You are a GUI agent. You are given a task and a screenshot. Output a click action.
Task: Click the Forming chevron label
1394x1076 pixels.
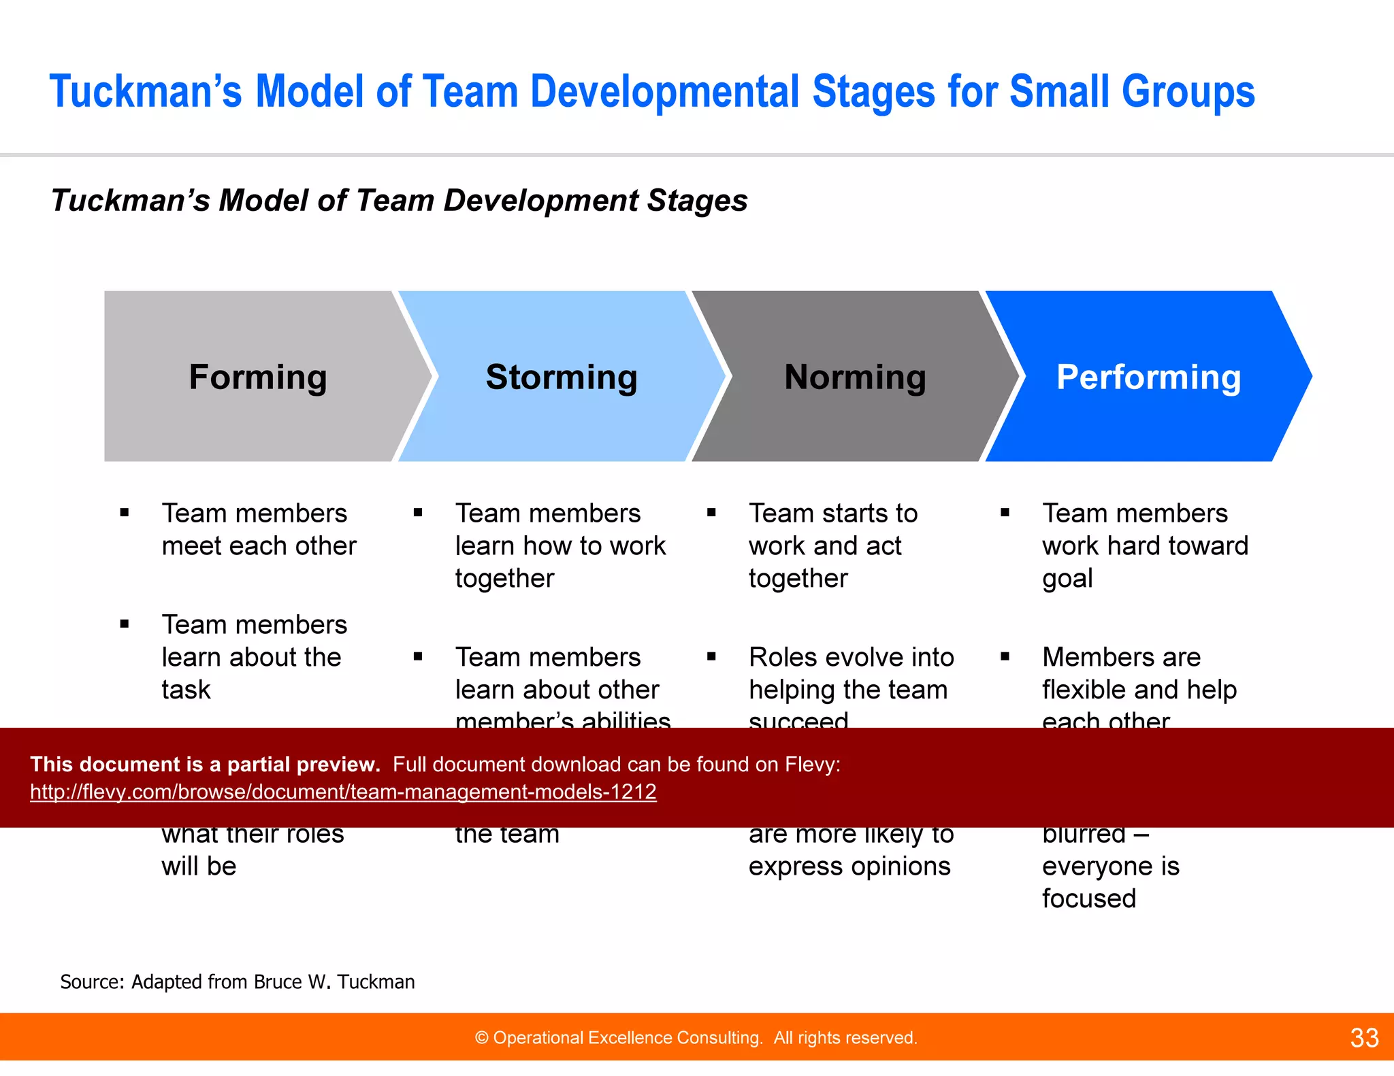pos(258,377)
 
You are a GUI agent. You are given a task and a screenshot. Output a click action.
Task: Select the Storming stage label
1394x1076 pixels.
pos(562,377)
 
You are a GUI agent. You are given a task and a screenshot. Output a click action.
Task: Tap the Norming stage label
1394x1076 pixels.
pos(855,377)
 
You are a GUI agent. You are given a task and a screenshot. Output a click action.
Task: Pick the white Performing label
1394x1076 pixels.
pos(1148,377)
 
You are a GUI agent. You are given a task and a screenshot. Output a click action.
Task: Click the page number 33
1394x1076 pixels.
pos(1364,1038)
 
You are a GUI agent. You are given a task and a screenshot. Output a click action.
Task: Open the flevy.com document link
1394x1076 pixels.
pos(343,792)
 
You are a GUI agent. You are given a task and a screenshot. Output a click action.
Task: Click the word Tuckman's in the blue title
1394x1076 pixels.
pos(145,92)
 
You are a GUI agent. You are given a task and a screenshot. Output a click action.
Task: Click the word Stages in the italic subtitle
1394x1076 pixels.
pos(696,201)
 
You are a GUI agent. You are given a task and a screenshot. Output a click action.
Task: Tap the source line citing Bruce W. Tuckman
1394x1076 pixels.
pos(238,981)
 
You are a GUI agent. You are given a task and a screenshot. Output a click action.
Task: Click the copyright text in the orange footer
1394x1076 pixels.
pos(696,1038)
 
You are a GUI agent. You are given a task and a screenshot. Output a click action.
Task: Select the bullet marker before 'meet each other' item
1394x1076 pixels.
pos(125,513)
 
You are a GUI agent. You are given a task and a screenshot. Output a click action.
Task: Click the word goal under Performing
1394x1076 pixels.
pos(1067,578)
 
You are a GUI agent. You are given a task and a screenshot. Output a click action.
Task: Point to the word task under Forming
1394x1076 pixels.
pos(186,690)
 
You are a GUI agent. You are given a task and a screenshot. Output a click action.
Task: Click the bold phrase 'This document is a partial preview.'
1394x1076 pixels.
pos(205,764)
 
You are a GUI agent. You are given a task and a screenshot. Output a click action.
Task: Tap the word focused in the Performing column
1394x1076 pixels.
pos(1088,898)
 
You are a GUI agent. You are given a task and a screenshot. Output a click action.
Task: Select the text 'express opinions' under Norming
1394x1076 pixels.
pos(849,866)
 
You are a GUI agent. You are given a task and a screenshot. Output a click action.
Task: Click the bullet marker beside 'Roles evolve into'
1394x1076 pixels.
pos(711,657)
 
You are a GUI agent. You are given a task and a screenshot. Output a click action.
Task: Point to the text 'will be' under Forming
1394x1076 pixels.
pos(199,866)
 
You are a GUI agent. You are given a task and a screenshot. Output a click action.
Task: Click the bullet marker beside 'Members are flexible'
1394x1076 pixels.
pos(1005,657)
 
